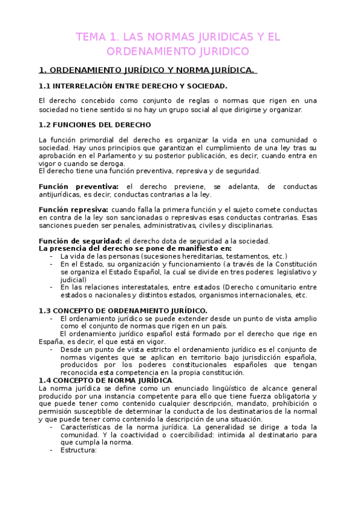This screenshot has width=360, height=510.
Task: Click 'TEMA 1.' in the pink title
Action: click(x=95, y=37)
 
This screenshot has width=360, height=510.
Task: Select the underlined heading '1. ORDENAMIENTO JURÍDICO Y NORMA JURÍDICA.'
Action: click(x=146, y=70)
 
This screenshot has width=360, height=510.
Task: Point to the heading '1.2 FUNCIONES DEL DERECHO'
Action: click(x=94, y=125)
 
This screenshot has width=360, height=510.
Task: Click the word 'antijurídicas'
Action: click(x=60, y=194)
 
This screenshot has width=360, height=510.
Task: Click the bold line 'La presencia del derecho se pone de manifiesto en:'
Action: click(x=135, y=248)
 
